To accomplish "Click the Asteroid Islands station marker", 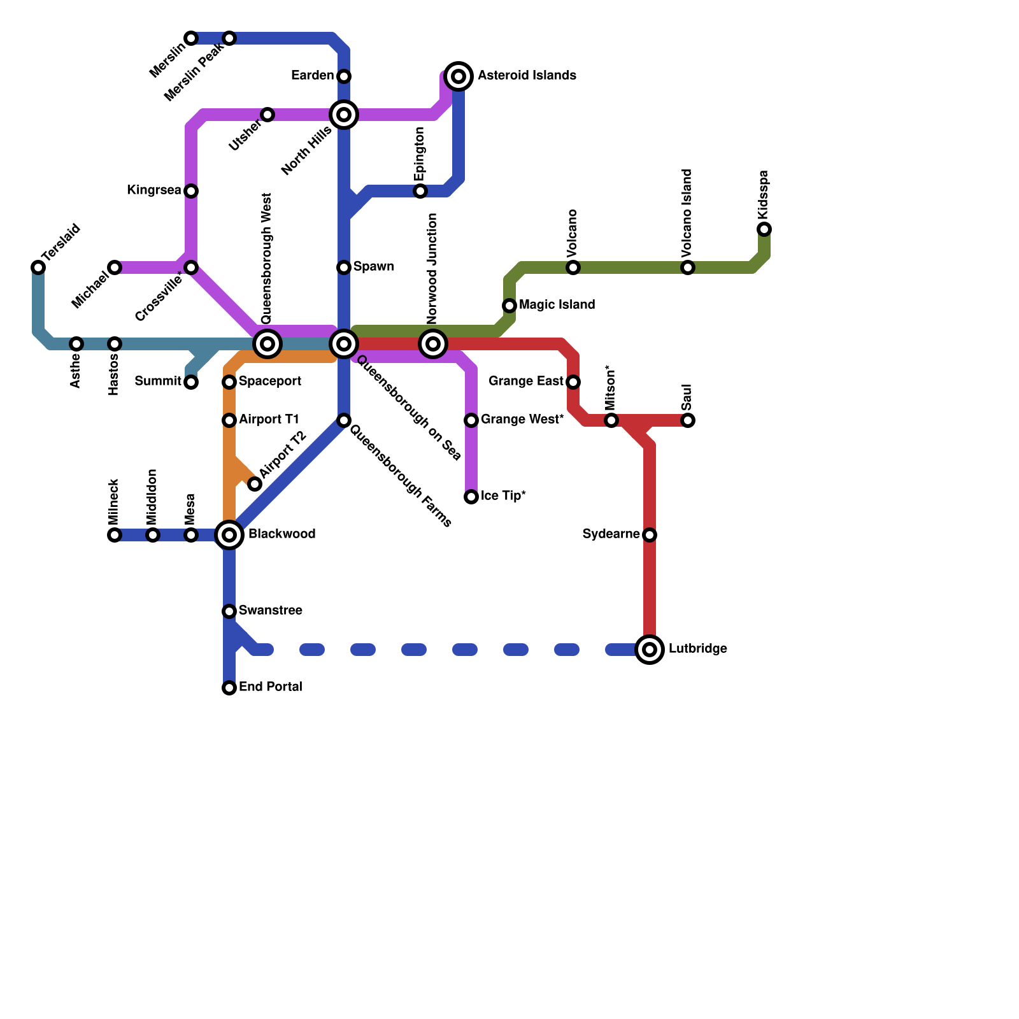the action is coord(459,76).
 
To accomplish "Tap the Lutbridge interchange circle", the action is coord(650,650).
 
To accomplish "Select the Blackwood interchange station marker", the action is coord(229,535).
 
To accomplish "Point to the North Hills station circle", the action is coord(344,115).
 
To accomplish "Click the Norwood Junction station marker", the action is coord(433,344).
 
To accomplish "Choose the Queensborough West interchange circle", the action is coord(267,344).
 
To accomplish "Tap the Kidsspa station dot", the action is coord(764,229).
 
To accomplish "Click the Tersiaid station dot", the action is coord(38,267).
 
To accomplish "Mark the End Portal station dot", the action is coord(229,688).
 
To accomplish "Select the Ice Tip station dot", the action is coord(471,497).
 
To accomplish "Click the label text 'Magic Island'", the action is coord(557,305).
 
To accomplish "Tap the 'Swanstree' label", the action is coord(270,611).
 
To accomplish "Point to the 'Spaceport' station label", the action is coord(270,381).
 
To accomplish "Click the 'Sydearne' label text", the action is coord(611,534).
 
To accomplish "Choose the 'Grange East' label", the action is coord(525,381).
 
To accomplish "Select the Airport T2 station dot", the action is coord(255,484).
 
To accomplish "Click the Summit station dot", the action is coord(191,382).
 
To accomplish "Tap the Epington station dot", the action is coord(420,191).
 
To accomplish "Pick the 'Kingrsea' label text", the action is coord(153,190).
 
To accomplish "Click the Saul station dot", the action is coord(688,420).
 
